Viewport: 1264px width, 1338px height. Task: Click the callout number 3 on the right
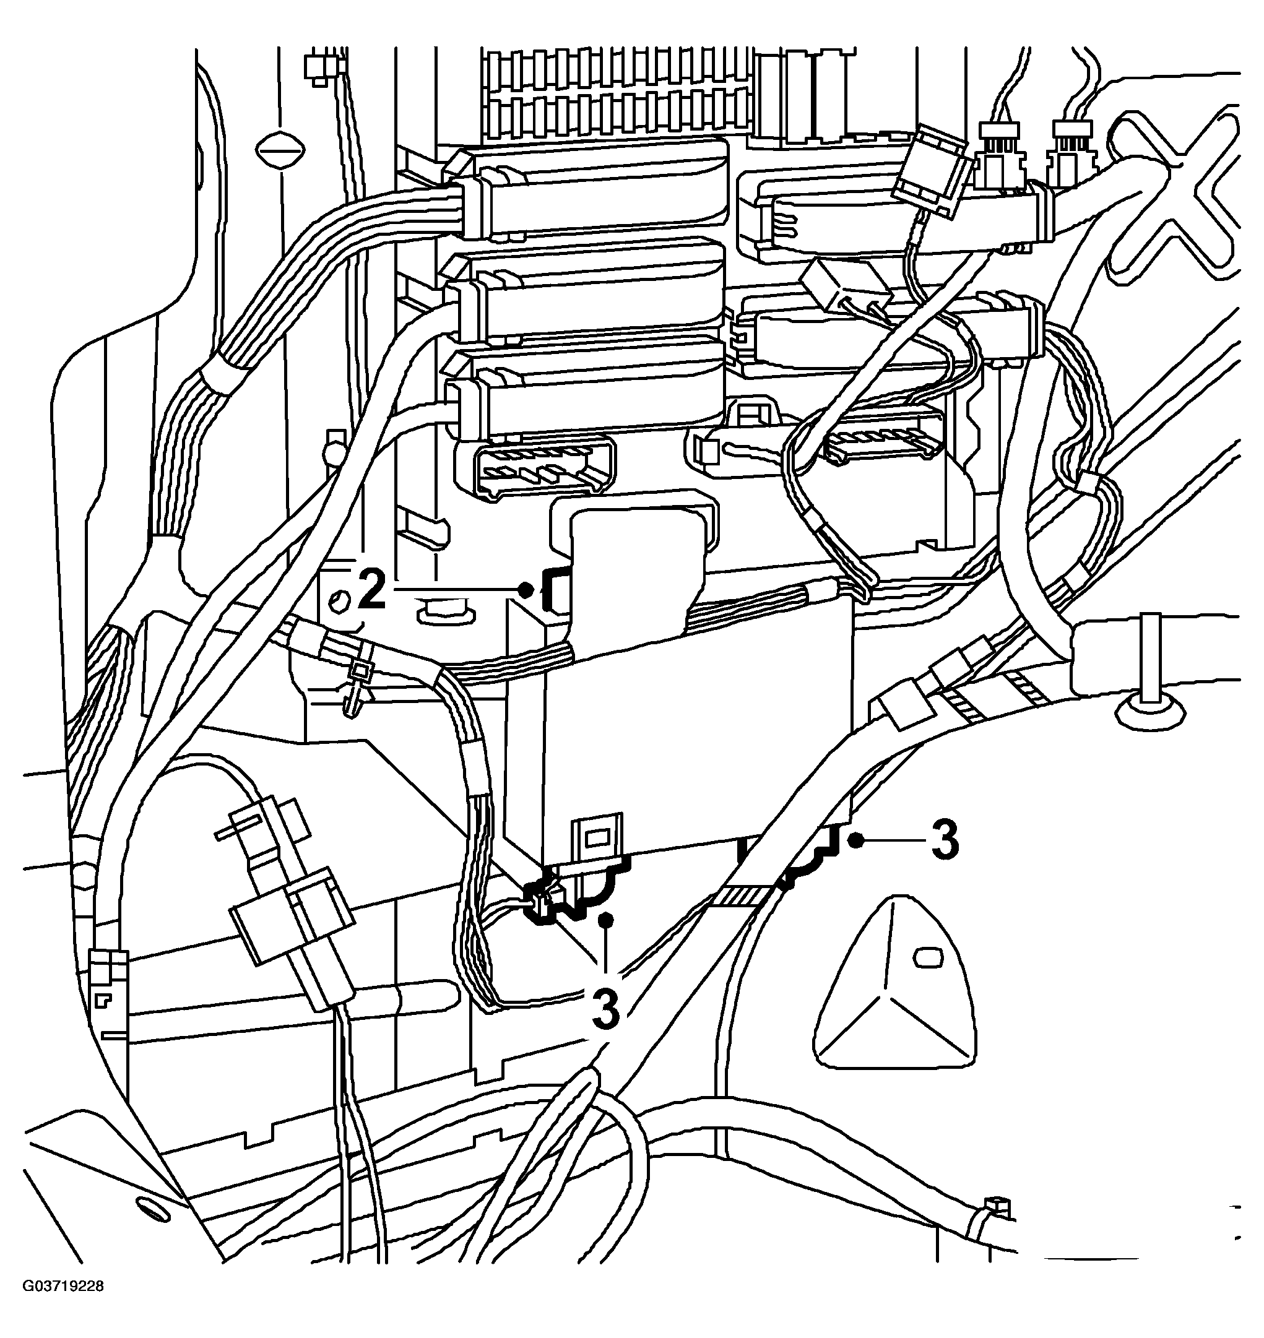[x=945, y=841]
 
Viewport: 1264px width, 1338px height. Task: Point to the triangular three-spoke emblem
[x=896, y=983]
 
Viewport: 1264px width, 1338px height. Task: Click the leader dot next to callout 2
[x=525, y=590]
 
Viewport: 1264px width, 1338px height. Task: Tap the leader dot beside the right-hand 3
[x=856, y=839]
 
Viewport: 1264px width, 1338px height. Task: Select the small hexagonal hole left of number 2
[x=339, y=598]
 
